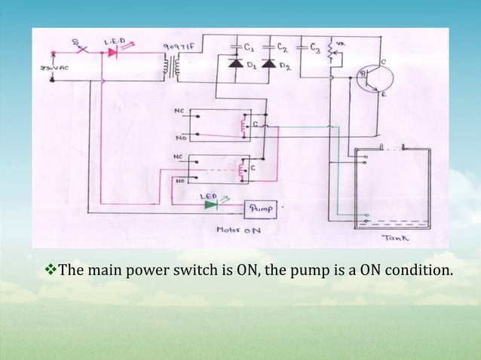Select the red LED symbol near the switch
pyautogui.click(x=115, y=53)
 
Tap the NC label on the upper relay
pyautogui.click(x=179, y=110)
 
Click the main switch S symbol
pyautogui.click(x=77, y=48)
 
